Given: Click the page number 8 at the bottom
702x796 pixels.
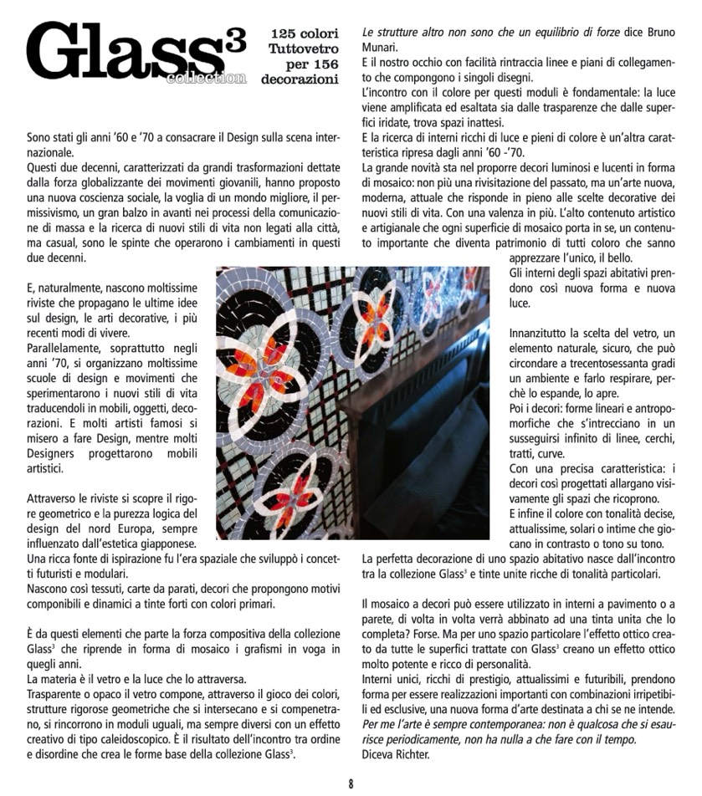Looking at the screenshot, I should [x=351, y=783].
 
